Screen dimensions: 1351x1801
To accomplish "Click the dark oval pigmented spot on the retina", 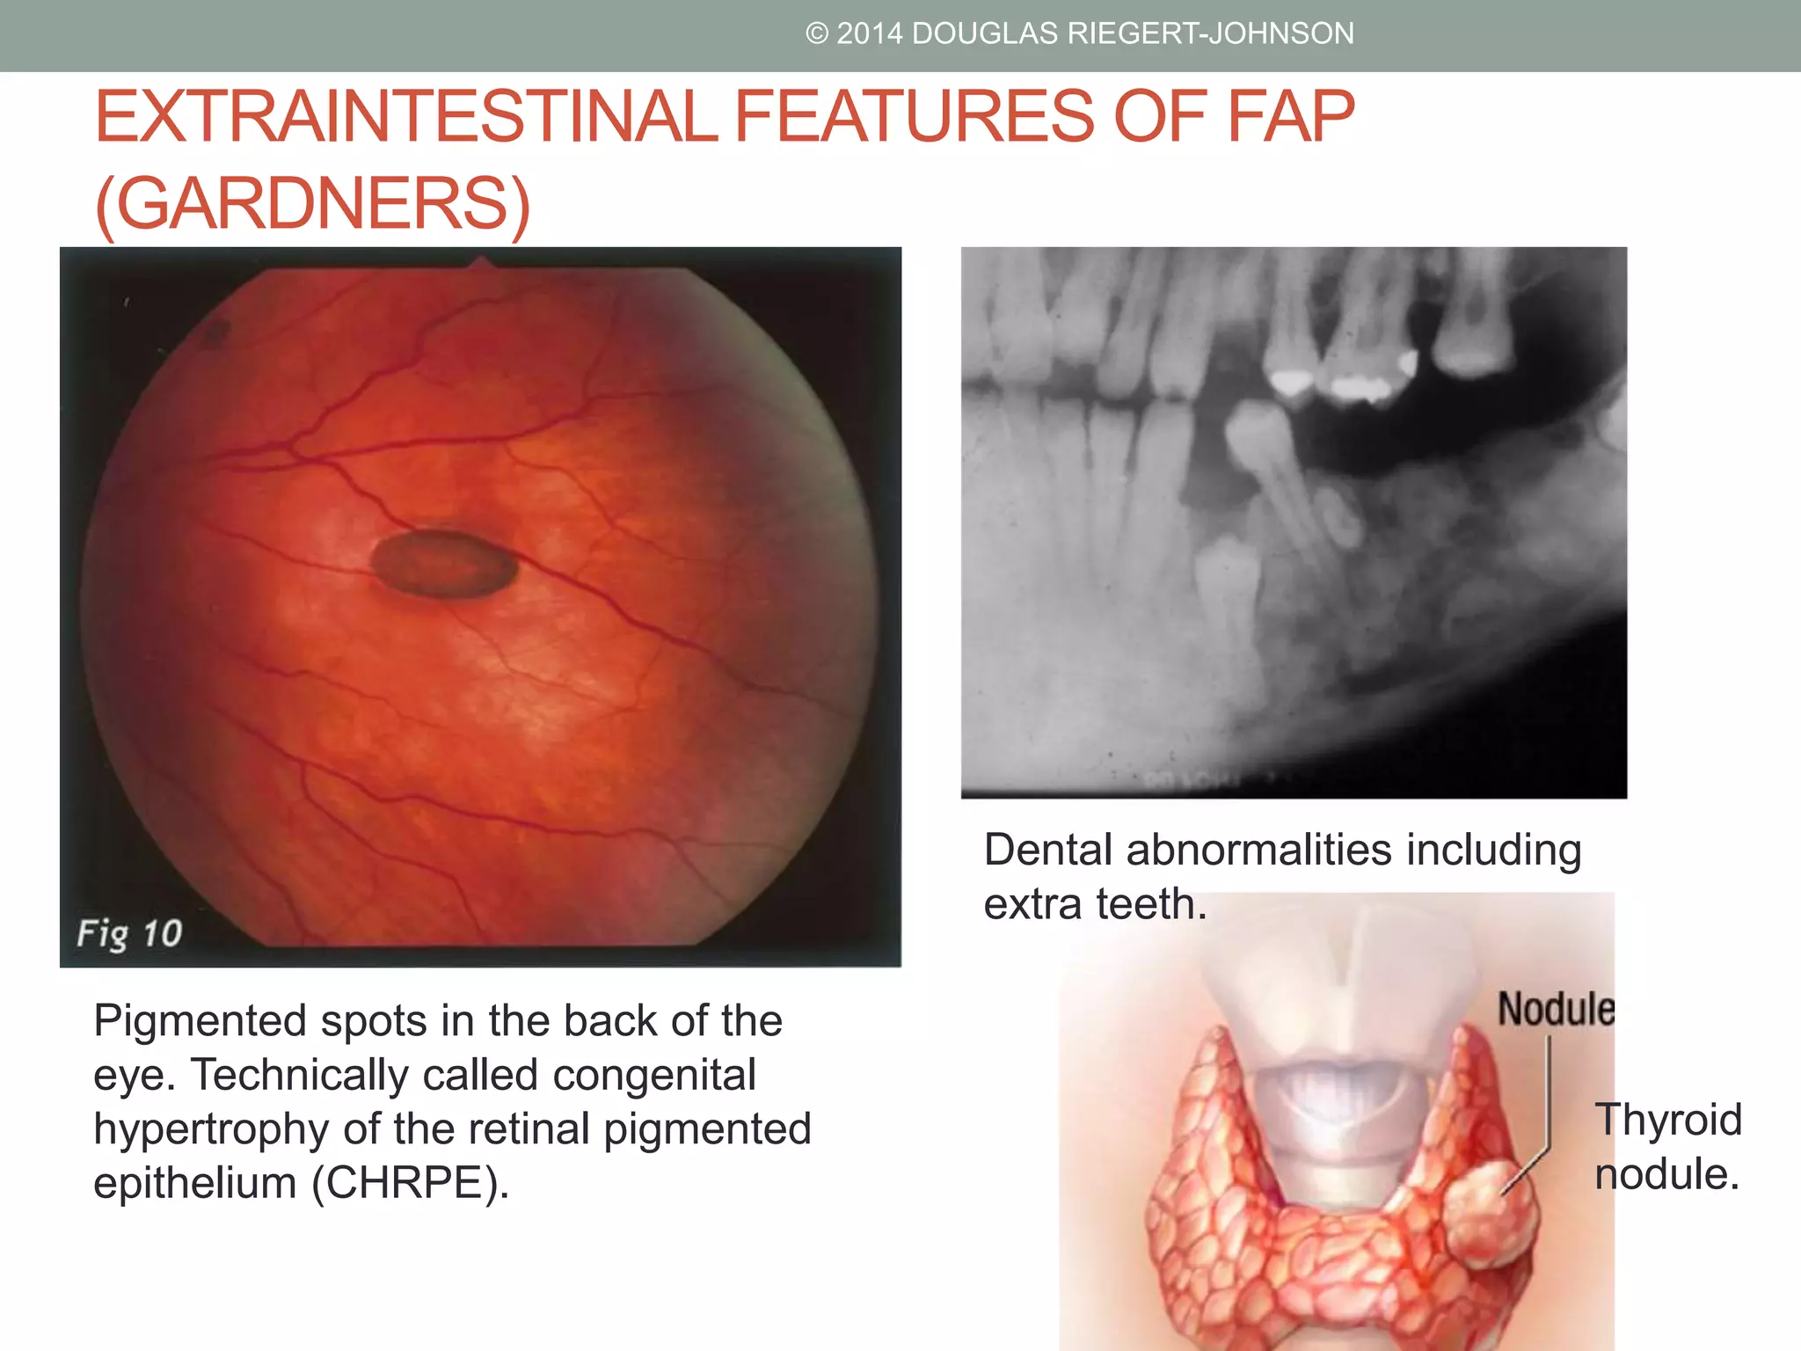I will click(x=444, y=564).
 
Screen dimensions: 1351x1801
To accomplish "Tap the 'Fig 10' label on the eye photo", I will click(x=129, y=933).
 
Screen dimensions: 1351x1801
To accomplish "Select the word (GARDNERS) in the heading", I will click(x=313, y=204).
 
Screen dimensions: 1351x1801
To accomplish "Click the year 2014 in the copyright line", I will click(x=870, y=33).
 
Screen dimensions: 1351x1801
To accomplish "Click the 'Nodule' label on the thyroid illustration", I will click(x=1556, y=1008).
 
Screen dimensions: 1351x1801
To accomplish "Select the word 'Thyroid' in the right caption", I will click(x=1668, y=1121).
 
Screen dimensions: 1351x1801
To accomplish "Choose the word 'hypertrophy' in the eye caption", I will click(x=212, y=1129).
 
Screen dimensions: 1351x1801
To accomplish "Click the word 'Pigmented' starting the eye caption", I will click(x=199, y=1021).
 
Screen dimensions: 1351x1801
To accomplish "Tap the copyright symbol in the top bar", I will click(x=817, y=33).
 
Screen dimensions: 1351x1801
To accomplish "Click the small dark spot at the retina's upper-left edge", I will click(x=215, y=332).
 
